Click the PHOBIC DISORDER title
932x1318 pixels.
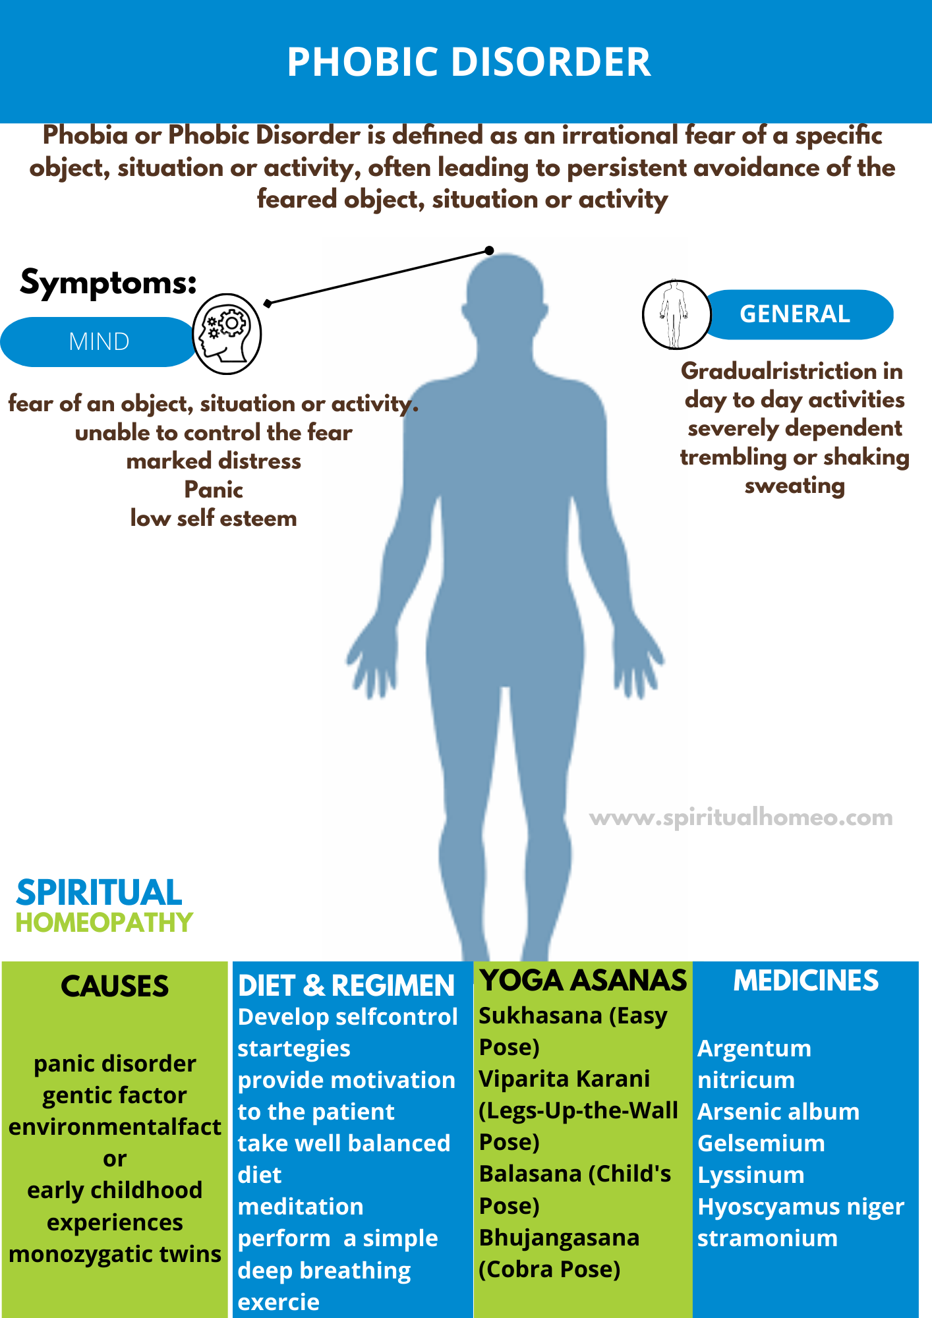pos(469,62)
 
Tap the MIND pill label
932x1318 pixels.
pos(99,341)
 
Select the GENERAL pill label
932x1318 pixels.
pos(794,314)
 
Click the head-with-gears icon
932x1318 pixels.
pos(227,333)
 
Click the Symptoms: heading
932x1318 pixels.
pos(108,282)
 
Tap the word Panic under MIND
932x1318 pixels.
pos(214,490)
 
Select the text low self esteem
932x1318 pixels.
pos(214,519)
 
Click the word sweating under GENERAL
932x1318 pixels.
pos(794,486)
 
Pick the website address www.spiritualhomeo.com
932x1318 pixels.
pos(741,817)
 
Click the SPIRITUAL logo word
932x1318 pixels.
pos(99,893)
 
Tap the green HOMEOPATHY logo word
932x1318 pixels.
pos(104,923)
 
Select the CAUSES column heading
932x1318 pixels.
pos(115,987)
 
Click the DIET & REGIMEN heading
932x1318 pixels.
pos(346,986)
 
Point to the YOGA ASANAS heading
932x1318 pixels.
pos(583,980)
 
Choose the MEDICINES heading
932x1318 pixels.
pos(805,981)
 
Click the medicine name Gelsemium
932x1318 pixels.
pos(761,1143)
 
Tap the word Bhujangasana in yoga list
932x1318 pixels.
pos(559,1238)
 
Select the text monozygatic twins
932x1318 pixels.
pos(115,1254)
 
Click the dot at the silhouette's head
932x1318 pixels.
pos(489,250)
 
